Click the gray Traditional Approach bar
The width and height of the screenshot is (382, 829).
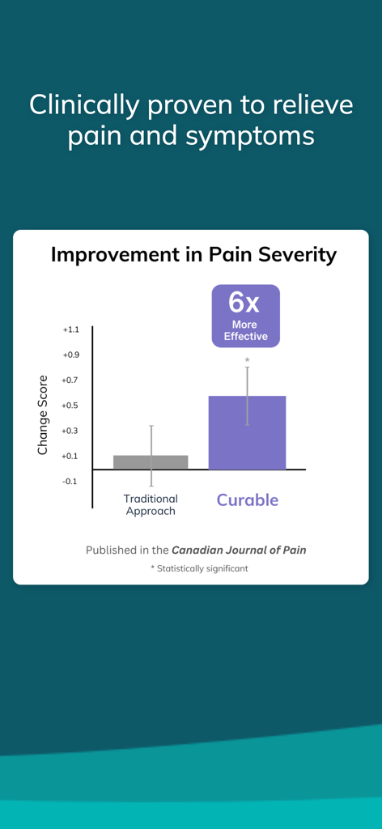151,462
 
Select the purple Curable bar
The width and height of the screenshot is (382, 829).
247,433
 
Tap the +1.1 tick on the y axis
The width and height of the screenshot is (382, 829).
70,329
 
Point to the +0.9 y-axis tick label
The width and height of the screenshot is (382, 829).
70,355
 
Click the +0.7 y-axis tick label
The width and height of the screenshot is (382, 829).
70,380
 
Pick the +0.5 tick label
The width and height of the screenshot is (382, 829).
70,405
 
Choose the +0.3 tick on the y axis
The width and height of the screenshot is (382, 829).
70,431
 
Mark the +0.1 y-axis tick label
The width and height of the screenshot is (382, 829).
70,456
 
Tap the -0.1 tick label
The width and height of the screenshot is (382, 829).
70,481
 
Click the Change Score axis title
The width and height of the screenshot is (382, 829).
43,414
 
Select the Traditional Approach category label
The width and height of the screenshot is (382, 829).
151,504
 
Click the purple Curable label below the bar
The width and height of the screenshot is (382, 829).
247,500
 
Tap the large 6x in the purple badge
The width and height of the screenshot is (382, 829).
245,302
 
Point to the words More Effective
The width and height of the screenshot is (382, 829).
245,330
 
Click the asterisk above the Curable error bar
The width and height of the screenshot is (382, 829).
247,360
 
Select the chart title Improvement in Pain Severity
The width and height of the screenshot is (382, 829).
193,254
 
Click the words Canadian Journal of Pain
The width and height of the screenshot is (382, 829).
239,550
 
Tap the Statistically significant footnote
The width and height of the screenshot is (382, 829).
199,568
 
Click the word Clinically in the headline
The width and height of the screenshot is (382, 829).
82,104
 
